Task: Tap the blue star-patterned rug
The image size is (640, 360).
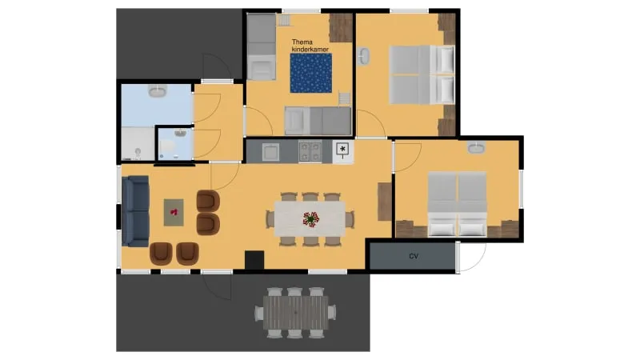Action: coord(310,74)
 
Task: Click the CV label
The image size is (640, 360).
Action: coord(414,257)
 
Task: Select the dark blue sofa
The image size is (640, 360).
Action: coord(136,211)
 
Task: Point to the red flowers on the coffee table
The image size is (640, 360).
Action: coord(174,212)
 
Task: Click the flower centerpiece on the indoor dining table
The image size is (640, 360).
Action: coord(310,218)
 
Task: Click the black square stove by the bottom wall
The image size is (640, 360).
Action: coord(254,260)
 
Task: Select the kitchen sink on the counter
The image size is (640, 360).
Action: coord(270,150)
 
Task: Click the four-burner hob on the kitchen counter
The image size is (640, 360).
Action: coord(310,150)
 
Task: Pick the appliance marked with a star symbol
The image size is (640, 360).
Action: coord(342,150)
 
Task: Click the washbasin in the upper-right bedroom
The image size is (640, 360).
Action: coord(365,58)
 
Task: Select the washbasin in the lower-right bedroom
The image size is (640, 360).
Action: coord(477,147)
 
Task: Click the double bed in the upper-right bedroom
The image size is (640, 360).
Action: coord(422,74)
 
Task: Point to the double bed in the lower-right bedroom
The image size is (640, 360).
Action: coord(457,204)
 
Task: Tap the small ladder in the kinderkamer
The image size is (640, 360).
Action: coord(345,98)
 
